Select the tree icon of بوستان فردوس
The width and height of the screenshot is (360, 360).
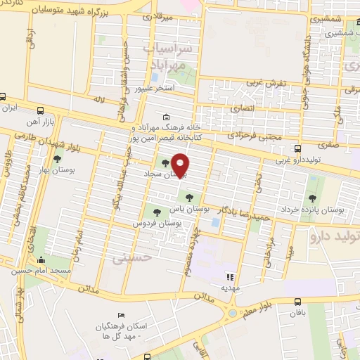[x=156, y=212]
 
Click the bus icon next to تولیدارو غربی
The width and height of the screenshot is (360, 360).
[x=298, y=148]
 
